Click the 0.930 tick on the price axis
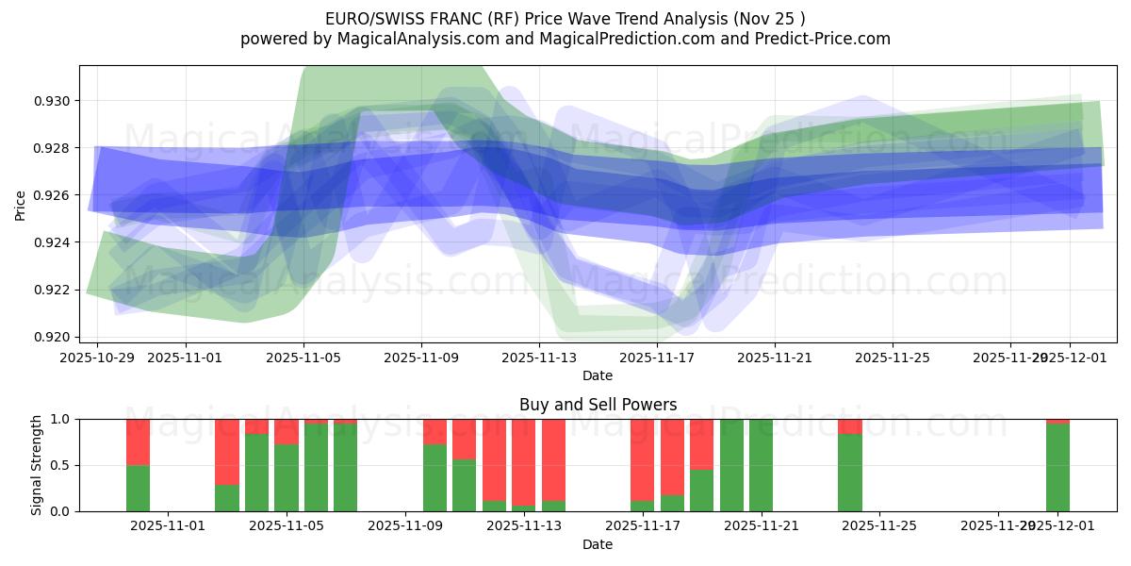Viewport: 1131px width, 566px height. tap(52, 101)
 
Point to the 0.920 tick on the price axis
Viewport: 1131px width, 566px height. tap(52, 337)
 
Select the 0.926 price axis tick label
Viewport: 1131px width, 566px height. tap(52, 195)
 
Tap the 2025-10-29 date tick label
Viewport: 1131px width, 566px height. tap(97, 358)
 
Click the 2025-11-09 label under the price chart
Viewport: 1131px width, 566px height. tap(421, 358)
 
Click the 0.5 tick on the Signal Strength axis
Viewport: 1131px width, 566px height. tap(60, 465)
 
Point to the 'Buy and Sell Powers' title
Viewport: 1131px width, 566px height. tap(598, 405)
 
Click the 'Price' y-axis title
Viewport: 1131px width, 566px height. tap(21, 206)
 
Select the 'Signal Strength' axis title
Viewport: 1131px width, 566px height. tap(38, 465)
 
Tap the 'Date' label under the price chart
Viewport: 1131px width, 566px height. tap(598, 375)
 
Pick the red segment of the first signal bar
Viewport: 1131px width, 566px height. tap(139, 441)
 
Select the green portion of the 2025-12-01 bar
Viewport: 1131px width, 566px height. tap(1057, 467)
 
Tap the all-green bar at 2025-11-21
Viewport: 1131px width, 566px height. tap(761, 465)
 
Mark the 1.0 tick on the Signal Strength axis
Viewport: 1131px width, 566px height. tap(60, 419)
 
